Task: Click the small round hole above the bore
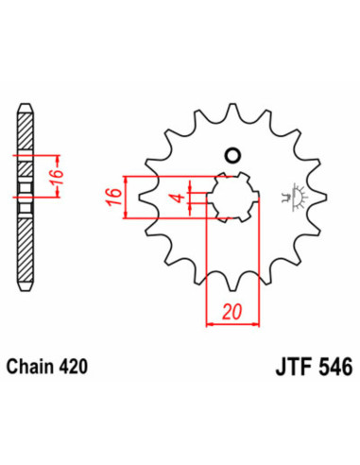tap(231, 156)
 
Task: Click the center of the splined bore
tap(230, 199)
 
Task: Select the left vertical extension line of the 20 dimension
tap(206, 274)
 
